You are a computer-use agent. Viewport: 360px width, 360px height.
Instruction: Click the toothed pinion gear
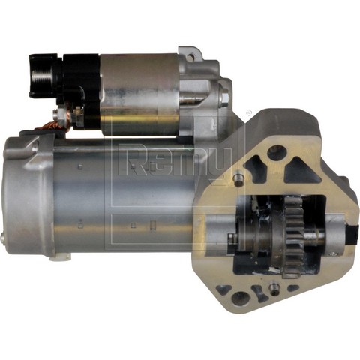point(295,235)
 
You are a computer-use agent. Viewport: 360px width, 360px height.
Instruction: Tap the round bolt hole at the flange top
point(277,152)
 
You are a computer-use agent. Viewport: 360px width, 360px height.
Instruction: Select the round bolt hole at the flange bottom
point(239,298)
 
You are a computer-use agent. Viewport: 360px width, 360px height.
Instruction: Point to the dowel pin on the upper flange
point(239,178)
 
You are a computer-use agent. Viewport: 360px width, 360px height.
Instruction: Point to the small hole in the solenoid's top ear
point(190,57)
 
